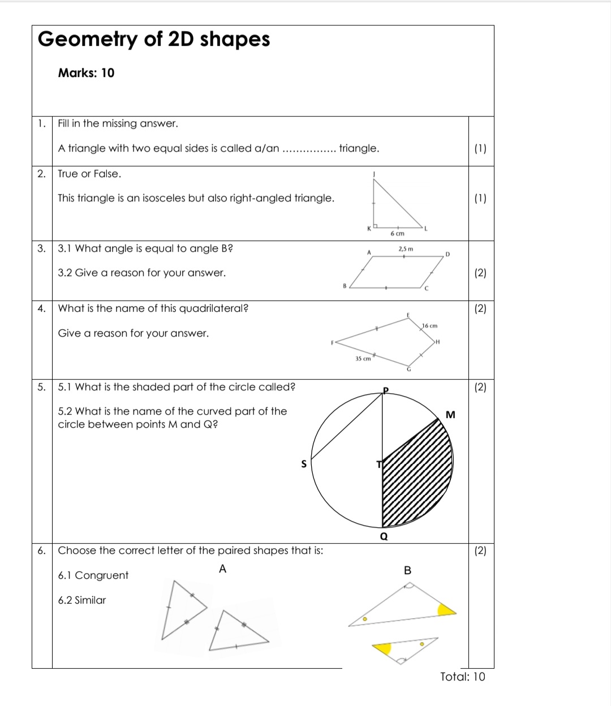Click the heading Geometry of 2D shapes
(153, 40)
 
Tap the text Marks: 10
(86, 73)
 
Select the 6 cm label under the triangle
(398, 233)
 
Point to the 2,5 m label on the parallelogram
(406, 249)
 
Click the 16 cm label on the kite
(430, 326)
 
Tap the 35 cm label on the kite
(363, 359)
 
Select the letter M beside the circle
(450, 415)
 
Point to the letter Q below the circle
(384, 536)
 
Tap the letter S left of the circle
(303, 464)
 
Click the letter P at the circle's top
(386, 390)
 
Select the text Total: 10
(462, 677)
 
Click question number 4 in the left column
(41, 308)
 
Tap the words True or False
(89, 174)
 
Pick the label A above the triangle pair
(222, 569)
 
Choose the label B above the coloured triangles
(407, 570)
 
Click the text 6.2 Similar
(82, 600)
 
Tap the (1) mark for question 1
(480, 149)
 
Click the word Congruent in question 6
(102, 575)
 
